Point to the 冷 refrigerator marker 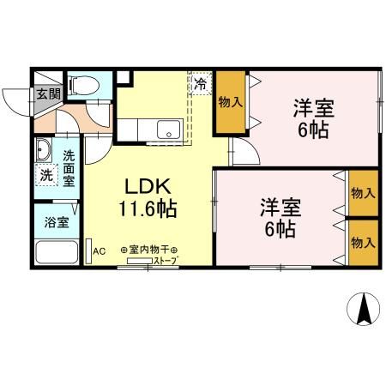(200, 85)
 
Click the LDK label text (152, 186)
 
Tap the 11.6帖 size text (152, 208)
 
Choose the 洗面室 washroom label (69, 169)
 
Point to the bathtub (57, 254)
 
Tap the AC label (99, 250)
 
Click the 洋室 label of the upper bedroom (313, 112)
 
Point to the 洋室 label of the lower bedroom (280, 208)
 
